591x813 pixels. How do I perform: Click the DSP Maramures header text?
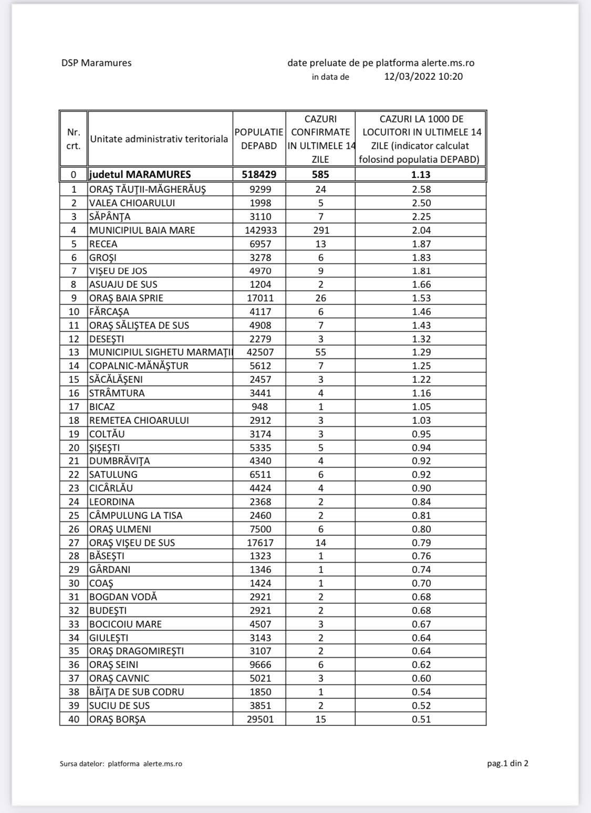96,63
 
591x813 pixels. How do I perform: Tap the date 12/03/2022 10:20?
423,77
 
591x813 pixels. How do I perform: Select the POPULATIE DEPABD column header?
259,139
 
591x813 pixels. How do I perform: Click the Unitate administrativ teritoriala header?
159,139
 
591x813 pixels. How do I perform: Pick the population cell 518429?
259,174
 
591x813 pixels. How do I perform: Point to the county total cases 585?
320,174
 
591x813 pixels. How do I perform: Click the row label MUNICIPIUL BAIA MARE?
142,230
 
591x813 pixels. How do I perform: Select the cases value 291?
320,230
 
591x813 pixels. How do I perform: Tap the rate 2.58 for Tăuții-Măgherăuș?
421,189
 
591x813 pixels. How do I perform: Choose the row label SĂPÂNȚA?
110,216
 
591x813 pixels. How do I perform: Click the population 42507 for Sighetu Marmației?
260,352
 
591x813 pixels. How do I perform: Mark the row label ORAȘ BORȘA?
117,719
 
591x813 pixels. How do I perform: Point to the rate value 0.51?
421,719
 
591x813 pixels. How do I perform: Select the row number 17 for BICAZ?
74,407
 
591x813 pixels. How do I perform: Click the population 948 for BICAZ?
260,407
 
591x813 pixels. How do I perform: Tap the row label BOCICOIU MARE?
126,624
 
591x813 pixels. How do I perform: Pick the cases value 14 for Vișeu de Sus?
320,543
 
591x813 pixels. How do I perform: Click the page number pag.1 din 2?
507,763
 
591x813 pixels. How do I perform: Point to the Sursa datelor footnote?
121,764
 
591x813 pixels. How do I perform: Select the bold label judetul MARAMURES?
140,174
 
